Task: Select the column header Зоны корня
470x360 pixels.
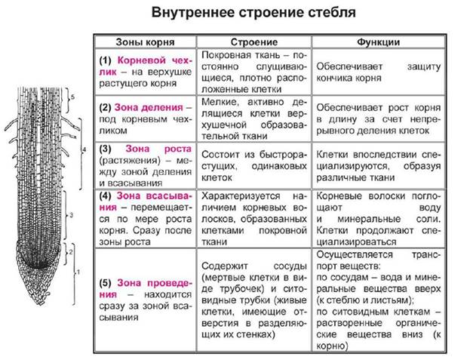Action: click(x=145, y=42)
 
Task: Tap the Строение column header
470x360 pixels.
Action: click(x=254, y=42)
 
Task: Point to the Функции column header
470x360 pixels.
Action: click(x=378, y=42)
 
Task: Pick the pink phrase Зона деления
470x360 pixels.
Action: click(x=149, y=107)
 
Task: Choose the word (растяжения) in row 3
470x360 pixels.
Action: click(x=130, y=160)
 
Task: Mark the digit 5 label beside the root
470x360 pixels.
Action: click(x=72, y=97)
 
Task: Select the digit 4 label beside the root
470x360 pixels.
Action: click(x=84, y=149)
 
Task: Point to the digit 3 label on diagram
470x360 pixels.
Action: click(x=72, y=215)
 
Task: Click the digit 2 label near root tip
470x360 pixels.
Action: click(x=71, y=252)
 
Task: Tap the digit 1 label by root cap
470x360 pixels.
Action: click(x=78, y=272)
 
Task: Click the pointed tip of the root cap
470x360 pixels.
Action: click(x=40, y=305)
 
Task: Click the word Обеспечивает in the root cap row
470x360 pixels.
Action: click(x=349, y=66)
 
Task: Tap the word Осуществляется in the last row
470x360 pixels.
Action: click(x=355, y=254)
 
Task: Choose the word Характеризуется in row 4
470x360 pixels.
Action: click(x=241, y=195)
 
